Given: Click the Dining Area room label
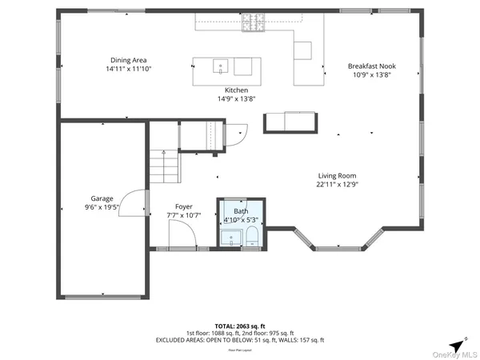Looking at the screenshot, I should [x=129, y=60].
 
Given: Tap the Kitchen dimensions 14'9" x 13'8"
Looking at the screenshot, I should [x=236, y=99].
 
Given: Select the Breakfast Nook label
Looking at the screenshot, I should [x=371, y=66].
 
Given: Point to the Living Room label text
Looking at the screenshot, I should [x=337, y=175].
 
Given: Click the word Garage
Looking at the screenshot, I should [x=102, y=198].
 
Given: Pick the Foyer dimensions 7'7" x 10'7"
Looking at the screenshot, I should [x=183, y=214].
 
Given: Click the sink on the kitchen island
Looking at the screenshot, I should [x=219, y=66].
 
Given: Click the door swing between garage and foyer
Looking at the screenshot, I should [x=137, y=202].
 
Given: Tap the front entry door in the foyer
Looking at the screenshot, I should [x=180, y=235].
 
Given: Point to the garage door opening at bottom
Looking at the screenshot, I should [x=102, y=298].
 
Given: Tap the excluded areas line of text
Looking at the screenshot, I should [x=239, y=340].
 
